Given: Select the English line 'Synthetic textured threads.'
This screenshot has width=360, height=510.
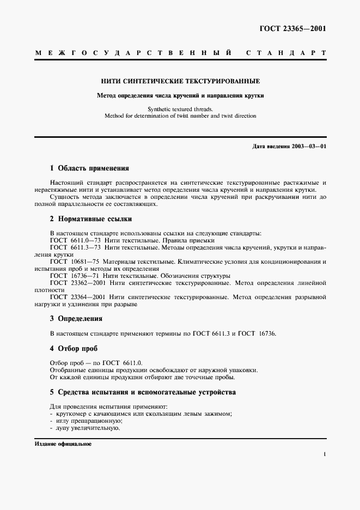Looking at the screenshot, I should [180, 109].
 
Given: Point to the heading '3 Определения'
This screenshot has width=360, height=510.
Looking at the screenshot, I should [76, 318].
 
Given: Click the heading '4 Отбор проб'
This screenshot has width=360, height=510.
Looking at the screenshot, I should [74, 348].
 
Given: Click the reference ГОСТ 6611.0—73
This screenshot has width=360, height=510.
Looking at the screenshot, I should [74, 240].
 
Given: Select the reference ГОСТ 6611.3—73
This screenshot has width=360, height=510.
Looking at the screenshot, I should [74, 247].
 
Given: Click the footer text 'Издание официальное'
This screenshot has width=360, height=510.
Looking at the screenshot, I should [63, 444].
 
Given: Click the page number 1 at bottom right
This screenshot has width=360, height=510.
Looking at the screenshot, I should [324, 454].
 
